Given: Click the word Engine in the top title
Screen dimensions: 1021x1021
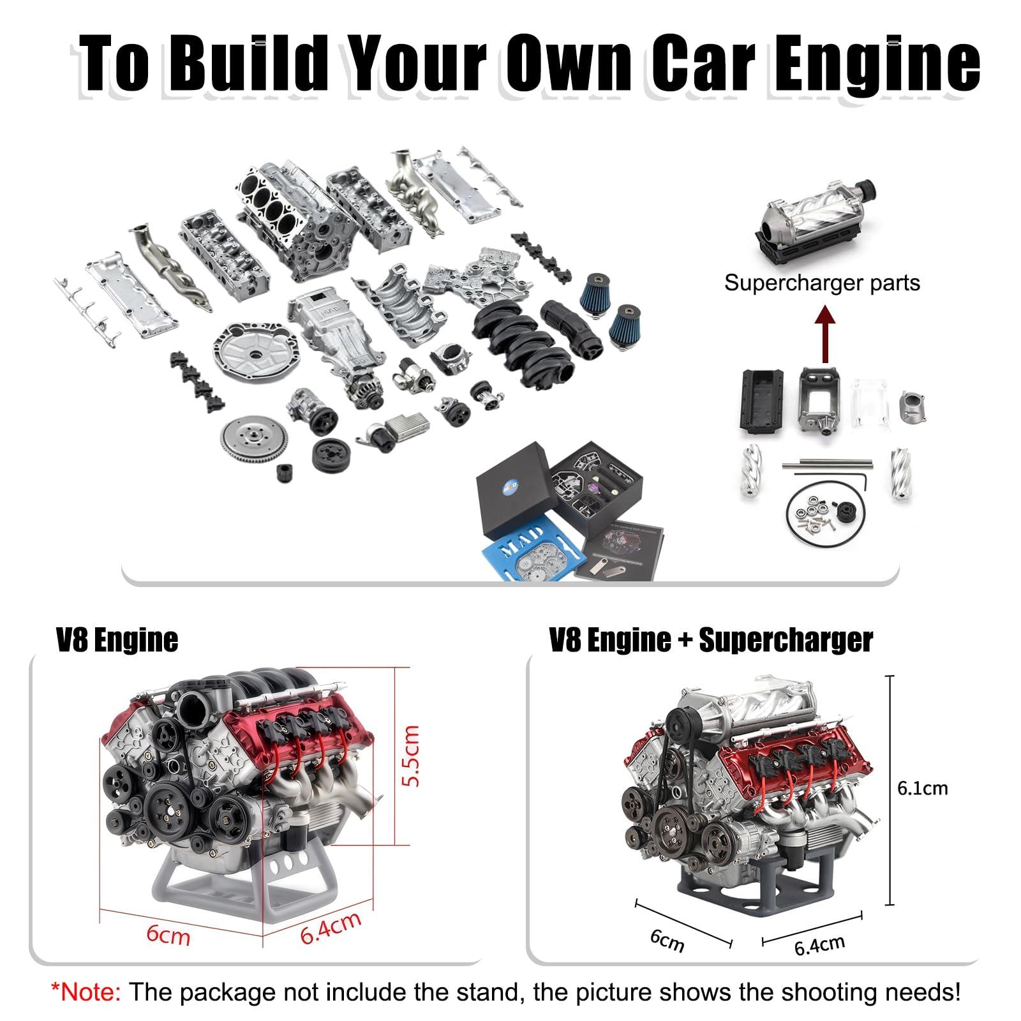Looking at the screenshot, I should click(x=877, y=64).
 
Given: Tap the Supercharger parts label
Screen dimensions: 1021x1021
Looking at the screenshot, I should click(x=822, y=283).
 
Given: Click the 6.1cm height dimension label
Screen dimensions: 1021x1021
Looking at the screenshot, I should click(x=922, y=788).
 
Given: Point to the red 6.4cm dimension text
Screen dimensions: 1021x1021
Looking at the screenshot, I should click(x=331, y=927).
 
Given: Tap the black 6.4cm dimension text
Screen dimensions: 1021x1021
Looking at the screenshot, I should click(x=819, y=945).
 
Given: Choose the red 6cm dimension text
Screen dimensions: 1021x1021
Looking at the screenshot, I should click(x=168, y=935).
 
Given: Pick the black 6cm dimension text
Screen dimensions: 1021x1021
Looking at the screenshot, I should click(x=667, y=939).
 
